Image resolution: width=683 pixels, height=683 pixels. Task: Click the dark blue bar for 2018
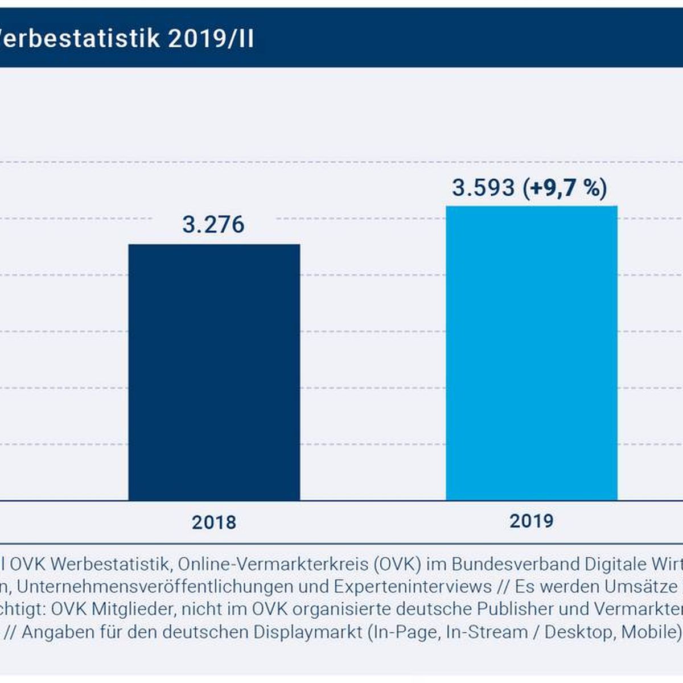214,372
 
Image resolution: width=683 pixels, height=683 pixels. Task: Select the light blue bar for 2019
532,353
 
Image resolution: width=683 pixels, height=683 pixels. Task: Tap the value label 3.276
213,225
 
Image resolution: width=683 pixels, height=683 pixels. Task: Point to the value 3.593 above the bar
483,188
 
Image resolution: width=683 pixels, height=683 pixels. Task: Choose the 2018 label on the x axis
214,522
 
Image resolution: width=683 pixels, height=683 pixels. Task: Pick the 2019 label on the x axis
532,520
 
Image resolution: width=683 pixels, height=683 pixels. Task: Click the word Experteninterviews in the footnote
413,586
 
